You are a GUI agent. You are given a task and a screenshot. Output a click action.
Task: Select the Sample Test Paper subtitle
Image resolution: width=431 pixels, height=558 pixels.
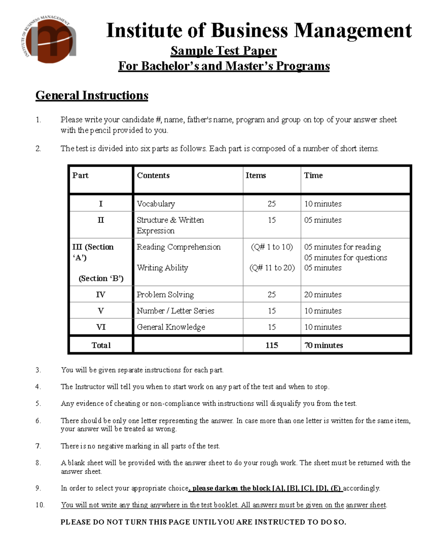tap(223, 51)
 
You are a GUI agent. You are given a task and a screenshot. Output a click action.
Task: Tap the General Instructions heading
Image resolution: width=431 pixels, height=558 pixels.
tap(92, 96)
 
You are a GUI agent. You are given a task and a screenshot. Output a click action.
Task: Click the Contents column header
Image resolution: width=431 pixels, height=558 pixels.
tap(153, 175)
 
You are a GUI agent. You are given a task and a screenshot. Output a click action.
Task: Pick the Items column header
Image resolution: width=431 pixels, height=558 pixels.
tap(256, 175)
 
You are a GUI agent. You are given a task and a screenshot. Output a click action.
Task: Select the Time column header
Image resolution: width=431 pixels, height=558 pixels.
tap(313, 175)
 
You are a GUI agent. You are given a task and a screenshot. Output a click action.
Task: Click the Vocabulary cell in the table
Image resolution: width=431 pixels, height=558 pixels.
tap(156, 204)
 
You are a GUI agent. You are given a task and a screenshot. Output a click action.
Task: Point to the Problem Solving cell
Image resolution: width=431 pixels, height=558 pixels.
tap(165, 295)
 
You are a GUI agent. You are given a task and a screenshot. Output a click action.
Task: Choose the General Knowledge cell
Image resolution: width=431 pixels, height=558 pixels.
tap(171, 327)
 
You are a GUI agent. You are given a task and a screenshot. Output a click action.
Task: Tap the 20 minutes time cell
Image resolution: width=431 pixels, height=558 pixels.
tap(323, 295)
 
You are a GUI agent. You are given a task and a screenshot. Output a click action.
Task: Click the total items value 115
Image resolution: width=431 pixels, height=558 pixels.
tap(272, 345)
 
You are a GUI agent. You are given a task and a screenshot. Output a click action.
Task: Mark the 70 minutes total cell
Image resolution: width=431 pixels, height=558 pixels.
tap(323, 345)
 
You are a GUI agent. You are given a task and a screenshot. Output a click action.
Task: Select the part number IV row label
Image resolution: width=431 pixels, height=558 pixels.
tap(101, 295)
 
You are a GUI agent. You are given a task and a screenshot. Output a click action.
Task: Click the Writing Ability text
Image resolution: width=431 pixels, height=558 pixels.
tap(162, 268)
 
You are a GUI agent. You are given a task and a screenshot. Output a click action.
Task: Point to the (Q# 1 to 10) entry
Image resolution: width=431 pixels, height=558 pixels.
tap(272, 247)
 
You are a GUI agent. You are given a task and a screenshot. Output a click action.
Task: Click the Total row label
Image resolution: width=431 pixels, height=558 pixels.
tap(101, 345)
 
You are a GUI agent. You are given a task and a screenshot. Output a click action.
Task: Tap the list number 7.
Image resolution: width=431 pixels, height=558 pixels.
tap(38, 446)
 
